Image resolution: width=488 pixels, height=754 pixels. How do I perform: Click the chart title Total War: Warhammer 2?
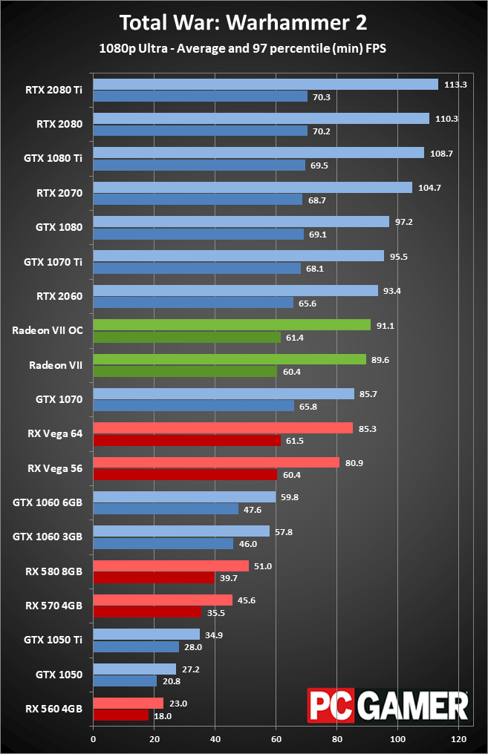click(243, 22)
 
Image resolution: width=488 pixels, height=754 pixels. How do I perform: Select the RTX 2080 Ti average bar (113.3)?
click(266, 84)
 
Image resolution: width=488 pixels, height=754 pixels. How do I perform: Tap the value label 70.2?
click(322, 131)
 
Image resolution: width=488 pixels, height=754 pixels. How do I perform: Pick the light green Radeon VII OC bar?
click(232, 325)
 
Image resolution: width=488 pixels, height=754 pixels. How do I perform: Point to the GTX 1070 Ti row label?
click(53, 262)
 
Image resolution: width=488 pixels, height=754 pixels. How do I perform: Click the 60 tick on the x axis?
click(276, 739)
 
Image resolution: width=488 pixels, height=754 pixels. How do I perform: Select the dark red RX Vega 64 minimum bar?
click(186, 440)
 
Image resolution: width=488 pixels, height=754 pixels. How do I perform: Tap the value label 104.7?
click(429, 188)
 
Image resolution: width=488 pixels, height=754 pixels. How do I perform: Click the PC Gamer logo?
click(388, 706)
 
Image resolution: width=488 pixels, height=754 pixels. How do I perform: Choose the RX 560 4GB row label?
click(54, 709)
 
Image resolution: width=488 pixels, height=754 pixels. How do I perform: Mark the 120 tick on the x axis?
click(458, 739)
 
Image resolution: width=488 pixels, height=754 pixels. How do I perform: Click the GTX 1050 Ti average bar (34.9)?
click(146, 635)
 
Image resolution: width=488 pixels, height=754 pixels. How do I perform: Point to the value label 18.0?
click(163, 716)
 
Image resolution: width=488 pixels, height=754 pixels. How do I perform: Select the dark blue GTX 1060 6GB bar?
click(166, 509)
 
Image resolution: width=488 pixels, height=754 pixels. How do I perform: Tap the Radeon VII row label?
click(56, 365)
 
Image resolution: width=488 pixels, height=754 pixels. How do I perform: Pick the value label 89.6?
click(380, 360)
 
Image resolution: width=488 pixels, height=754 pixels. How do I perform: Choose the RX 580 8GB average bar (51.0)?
click(171, 565)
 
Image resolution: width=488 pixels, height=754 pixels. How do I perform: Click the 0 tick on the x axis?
click(94, 739)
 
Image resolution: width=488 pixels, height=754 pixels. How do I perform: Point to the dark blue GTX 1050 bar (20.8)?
click(125, 681)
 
